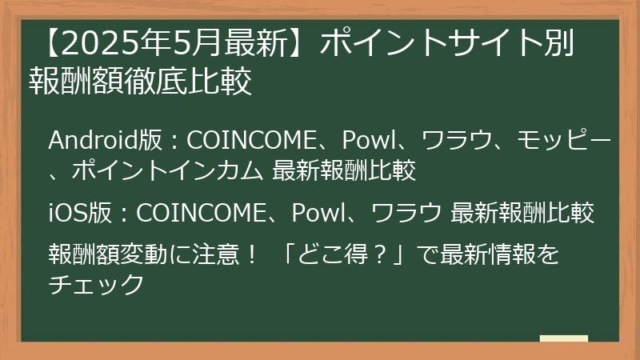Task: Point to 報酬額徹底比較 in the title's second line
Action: (141, 82)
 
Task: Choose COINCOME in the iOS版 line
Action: (200, 214)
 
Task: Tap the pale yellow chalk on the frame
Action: (563, 338)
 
